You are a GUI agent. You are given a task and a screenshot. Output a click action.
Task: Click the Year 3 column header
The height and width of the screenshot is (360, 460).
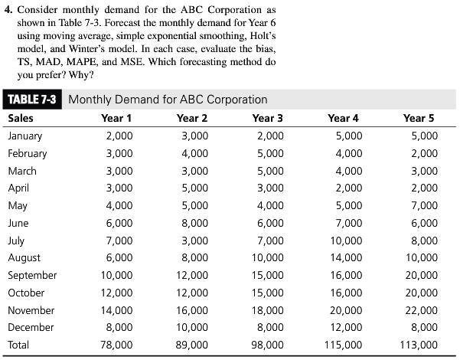(267, 118)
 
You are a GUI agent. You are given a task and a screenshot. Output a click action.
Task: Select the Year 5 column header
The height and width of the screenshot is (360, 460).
(418, 118)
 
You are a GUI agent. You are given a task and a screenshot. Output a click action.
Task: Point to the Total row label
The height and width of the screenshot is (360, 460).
(18, 345)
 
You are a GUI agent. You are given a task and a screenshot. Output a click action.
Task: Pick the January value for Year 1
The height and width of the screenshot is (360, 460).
(119, 136)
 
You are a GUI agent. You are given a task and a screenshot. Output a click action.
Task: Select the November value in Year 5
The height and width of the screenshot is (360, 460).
(421, 310)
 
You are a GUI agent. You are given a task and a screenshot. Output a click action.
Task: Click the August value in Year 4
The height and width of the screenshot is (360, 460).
(346, 258)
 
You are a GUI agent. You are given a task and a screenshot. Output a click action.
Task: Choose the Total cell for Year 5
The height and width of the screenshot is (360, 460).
(418, 345)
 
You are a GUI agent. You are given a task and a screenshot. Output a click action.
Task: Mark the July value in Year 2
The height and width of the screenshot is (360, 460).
(194, 241)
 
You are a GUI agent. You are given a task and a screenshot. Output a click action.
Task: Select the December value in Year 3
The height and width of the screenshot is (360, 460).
(269, 328)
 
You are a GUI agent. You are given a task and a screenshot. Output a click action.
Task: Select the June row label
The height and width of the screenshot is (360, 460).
(18, 223)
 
